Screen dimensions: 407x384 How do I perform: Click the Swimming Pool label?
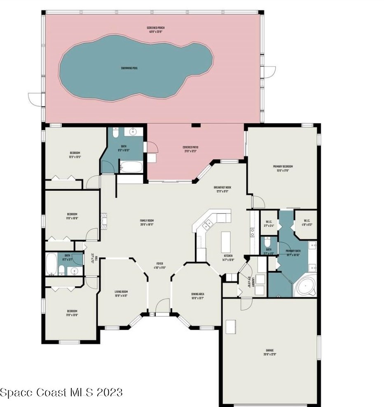click(129, 68)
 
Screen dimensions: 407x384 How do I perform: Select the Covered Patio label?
click(190, 149)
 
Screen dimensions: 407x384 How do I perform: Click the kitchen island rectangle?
click(226, 241)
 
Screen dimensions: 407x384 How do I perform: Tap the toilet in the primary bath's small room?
click(268, 241)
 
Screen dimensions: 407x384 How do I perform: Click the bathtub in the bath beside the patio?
click(131, 167)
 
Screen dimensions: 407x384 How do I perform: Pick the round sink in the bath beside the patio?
click(133, 133)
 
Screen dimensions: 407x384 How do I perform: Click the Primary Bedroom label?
click(283, 168)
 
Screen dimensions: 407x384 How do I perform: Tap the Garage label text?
click(269, 353)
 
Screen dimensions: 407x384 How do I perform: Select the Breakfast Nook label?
click(222, 189)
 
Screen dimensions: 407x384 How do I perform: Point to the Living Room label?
click(121, 294)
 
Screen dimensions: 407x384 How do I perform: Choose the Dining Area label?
click(197, 296)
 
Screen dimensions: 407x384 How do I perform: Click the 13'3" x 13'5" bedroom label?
click(75, 155)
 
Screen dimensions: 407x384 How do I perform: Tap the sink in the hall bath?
click(74, 271)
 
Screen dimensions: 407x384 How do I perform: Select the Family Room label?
click(146, 223)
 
